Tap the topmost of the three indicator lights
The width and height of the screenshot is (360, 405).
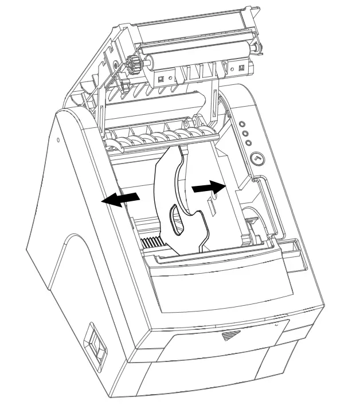[242, 123]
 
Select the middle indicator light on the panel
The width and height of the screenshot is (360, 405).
[245, 133]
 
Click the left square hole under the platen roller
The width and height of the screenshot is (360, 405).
[162, 78]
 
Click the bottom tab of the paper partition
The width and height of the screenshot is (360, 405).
[201, 246]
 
